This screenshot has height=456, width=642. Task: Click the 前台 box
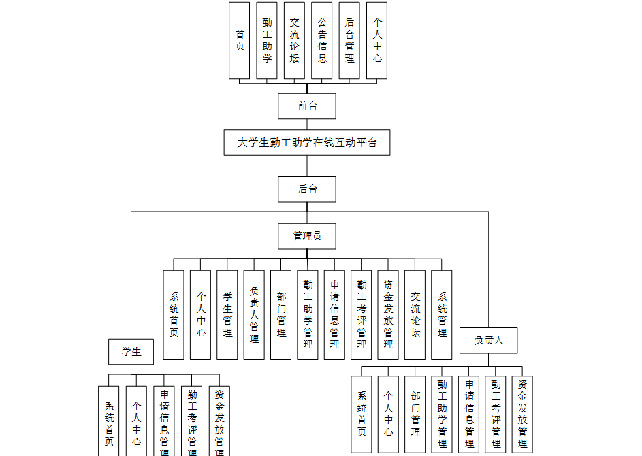coord(307,106)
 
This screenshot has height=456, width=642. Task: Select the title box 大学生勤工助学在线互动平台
coord(307,143)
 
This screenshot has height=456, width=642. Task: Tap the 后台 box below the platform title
coord(307,189)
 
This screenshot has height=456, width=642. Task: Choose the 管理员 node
coord(307,236)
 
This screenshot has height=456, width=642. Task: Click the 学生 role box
coord(131,352)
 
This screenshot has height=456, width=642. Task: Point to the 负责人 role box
coord(488,340)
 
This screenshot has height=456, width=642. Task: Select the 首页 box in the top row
coord(240,40)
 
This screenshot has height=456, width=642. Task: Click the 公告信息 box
coord(322,40)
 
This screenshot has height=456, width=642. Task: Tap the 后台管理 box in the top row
coord(349,40)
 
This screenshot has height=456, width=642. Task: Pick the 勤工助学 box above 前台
coord(267,40)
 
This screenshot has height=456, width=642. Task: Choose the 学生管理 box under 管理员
coord(227,314)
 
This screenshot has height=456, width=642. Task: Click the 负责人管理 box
coord(254,314)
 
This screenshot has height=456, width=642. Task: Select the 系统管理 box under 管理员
coord(442,314)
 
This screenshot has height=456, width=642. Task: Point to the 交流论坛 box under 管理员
coord(415,314)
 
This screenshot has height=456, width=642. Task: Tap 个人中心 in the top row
coord(376,40)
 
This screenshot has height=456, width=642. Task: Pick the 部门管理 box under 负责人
coord(415,414)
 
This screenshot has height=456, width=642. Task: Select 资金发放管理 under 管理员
coord(388,314)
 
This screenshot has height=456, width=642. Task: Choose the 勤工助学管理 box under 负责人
coord(442,414)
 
